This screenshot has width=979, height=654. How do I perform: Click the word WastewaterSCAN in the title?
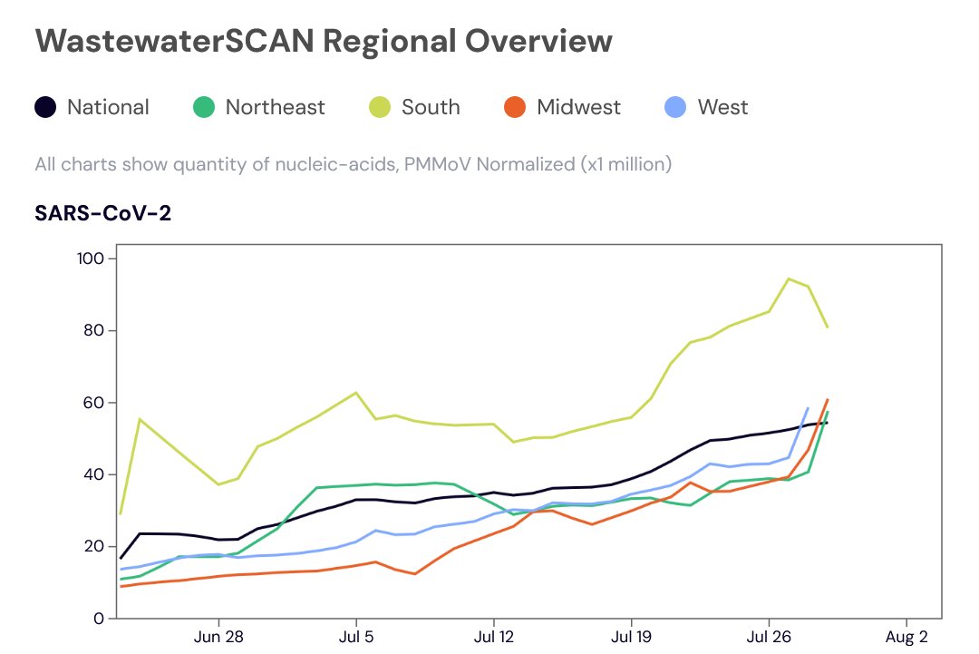175,41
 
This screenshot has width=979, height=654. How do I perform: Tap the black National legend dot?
45,107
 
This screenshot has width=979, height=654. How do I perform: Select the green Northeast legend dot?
204,107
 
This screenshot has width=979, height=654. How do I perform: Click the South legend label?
431,107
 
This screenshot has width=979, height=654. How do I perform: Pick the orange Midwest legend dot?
515,107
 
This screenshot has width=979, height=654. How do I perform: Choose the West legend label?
722,107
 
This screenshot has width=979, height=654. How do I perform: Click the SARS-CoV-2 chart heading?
103,213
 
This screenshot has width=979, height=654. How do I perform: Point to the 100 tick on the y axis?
91,258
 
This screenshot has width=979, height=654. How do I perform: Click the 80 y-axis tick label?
93,330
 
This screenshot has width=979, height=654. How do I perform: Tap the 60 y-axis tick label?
93,402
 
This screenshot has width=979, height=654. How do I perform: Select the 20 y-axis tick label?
93,546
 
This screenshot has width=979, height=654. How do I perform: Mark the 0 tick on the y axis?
99,619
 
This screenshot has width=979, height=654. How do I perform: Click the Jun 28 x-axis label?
218,637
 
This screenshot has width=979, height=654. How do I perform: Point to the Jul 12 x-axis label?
493,637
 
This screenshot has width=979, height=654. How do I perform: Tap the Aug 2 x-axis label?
906,637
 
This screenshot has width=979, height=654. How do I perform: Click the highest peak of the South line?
789,278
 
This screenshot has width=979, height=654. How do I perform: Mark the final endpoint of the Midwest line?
828,400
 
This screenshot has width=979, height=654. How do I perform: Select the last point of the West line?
808,408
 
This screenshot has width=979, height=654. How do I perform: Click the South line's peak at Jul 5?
356,392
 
